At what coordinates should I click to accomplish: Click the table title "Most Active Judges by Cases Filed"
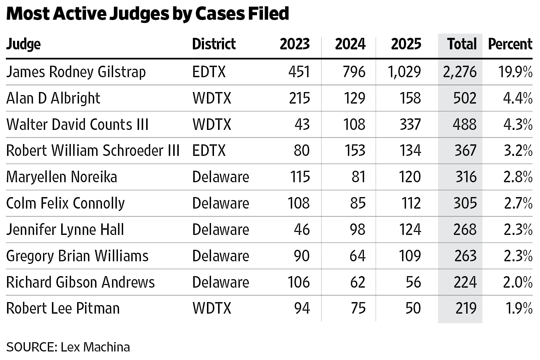click(148, 14)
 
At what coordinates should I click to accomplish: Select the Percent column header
click(510, 44)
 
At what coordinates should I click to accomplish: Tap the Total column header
click(462, 44)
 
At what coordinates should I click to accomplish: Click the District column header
click(214, 44)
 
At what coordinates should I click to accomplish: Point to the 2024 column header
click(350, 44)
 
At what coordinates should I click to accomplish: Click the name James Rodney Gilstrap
click(76, 72)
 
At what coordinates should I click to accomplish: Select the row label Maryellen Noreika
click(62, 177)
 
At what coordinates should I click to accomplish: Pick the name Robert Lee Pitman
click(63, 308)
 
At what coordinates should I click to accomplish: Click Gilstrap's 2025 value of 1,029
click(404, 72)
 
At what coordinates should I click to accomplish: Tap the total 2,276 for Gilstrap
click(460, 72)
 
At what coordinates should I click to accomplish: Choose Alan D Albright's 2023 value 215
click(299, 98)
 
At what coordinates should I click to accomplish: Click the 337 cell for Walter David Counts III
click(410, 124)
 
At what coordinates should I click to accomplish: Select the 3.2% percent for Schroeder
click(518, 151)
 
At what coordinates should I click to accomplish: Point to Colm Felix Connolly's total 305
click(465, 203)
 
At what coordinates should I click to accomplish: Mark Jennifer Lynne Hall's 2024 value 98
click(358, 229)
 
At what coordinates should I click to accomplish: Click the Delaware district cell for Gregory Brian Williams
click(221, 256)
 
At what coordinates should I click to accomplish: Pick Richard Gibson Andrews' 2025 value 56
click(414, 282)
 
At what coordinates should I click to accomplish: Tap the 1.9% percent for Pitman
click(519, 308)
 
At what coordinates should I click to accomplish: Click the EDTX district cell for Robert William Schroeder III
click(209, 151)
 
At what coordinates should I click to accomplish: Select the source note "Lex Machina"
click(95, 347)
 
